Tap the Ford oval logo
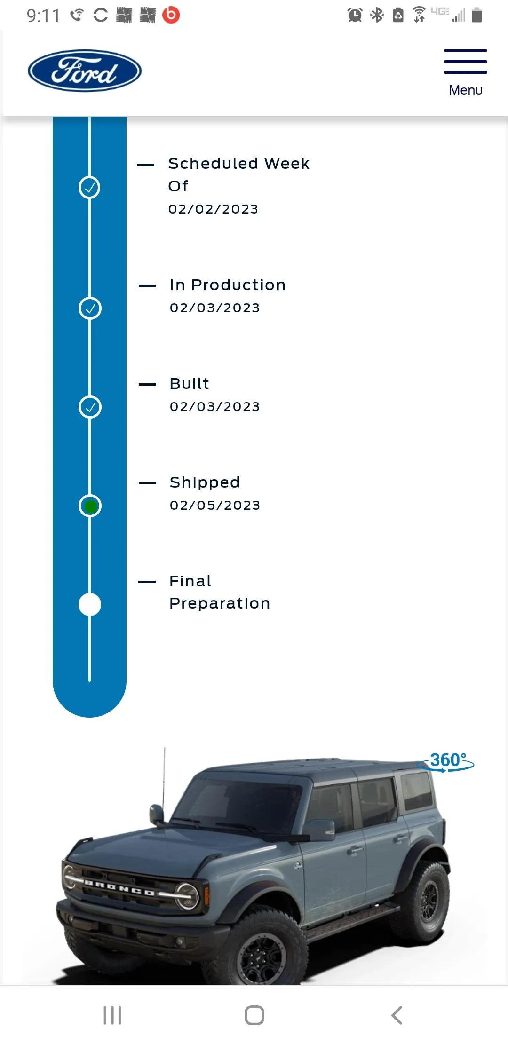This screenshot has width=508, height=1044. tap(85, 71)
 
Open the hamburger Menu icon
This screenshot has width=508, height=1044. tap(465, 62)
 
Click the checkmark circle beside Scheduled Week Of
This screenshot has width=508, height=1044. tap(89, 187)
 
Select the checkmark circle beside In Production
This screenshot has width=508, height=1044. tap(90, 308)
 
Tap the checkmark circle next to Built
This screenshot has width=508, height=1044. tap(90, 407)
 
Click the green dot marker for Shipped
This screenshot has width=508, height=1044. tap(90, 506)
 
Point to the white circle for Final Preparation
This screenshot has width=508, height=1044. tap(90, 605)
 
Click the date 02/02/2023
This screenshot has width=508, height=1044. tap(214, 209)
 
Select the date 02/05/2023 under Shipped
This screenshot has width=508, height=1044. tap(215, 505)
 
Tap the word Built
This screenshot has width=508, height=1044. tap(189, 384)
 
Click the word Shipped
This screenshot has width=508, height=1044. tap(205, 482)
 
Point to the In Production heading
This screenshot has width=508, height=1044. tap(228, 285)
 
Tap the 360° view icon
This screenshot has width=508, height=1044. tap(446, 761)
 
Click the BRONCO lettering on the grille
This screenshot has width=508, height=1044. tap(119, 887)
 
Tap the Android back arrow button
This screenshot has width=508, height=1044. tap(397, 1015)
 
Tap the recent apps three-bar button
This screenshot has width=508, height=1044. tap(112, 1015)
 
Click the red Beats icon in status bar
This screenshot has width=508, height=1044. tap(171, 15)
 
